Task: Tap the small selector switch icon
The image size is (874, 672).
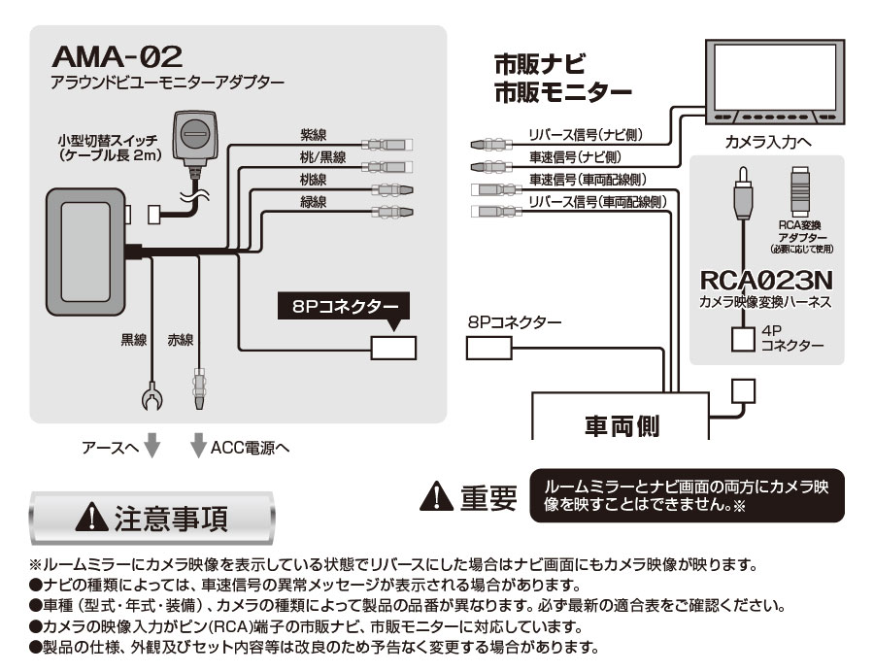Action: (x=196, y=137)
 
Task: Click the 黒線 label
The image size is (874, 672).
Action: (x=133, y=340)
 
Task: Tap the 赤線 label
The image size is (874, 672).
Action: (x=181, y=340)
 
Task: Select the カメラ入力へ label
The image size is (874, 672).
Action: (x=769, y=143)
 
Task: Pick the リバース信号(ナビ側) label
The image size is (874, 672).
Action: (x=586, y=135)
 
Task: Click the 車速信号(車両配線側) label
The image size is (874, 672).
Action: (x=588, y=180)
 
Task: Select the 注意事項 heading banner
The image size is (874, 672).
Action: (x=152, y=517)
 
